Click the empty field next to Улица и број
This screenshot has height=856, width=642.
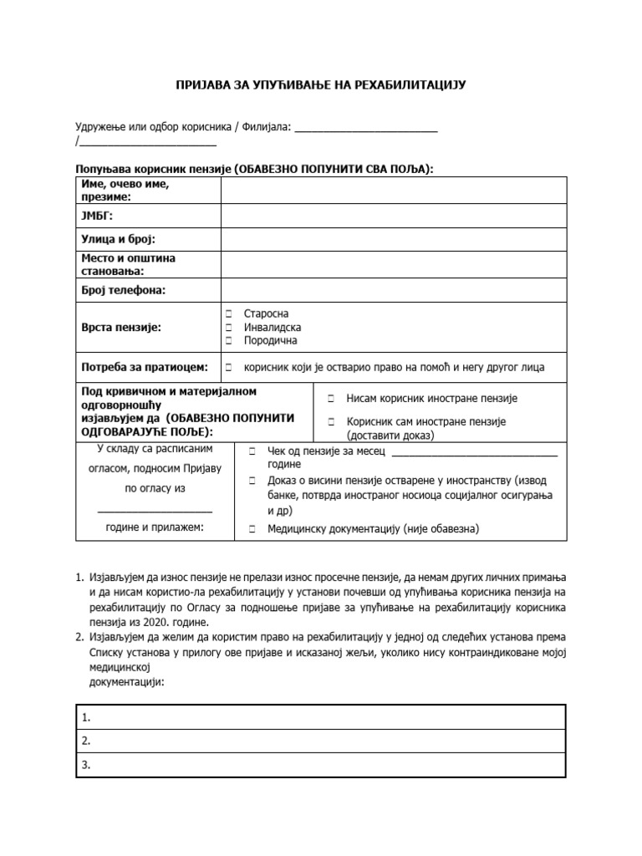pyautogui.click(x=393, y=239)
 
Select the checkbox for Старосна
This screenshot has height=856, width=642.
pyautogui.click(x=228, y=314)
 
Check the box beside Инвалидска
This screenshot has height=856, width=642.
pyautogui.click(x=228, y=328)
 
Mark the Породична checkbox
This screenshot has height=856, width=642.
pyautogui.click(x=228, y=341)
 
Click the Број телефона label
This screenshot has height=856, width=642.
pyautogui.click(x=123, y=289)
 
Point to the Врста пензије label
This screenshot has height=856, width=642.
pyautogui.click(x=120, y=328)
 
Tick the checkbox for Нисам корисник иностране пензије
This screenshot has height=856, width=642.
pyautogui.click(x=331, y=399)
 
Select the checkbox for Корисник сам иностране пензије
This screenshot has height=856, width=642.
pyautogui.click(x=331, y=422)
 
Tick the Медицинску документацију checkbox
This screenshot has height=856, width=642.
pyautogui.click(x=252, y=529)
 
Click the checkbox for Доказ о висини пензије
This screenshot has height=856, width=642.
pyautogui.click(x=252, y=481)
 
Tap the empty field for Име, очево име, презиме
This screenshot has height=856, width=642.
pyautogui.click(x=393, y=191)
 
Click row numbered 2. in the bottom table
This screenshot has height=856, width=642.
pyautogui.click(x=321, y=741)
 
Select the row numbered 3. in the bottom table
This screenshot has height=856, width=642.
pyautogui.click(x=321, y=764)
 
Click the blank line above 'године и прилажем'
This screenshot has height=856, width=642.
pyautogui.click(x=155, y=510)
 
